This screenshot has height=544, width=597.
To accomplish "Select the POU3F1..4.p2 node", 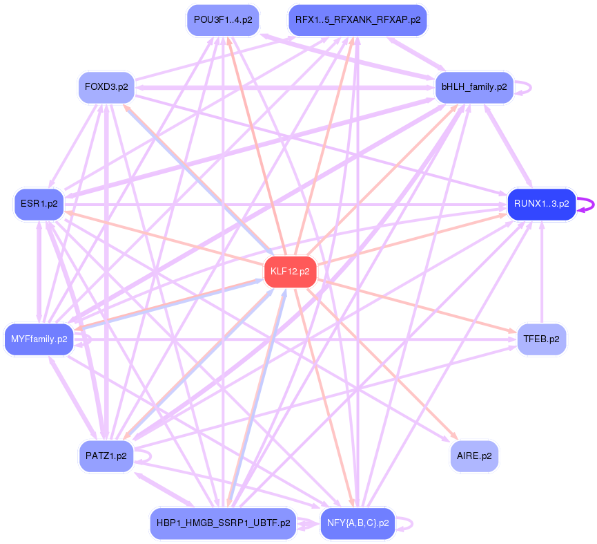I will click(222, 19).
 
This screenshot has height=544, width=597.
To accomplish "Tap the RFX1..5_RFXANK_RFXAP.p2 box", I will click(358, 19).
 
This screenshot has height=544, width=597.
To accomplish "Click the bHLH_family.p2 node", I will click(473, 87).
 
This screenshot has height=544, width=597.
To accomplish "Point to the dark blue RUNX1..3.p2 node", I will click(541, 204).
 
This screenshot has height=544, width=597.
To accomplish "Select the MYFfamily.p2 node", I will click(39, 339).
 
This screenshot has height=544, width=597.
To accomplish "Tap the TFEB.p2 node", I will click(542, 339).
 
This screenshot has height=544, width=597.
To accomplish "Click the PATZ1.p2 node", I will click(106, 456).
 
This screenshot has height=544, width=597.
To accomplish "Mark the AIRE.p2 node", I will click(474, 456).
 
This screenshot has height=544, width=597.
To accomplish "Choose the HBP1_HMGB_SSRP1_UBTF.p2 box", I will click(223, 523).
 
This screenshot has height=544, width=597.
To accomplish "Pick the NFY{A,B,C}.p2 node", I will click(358, 523).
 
